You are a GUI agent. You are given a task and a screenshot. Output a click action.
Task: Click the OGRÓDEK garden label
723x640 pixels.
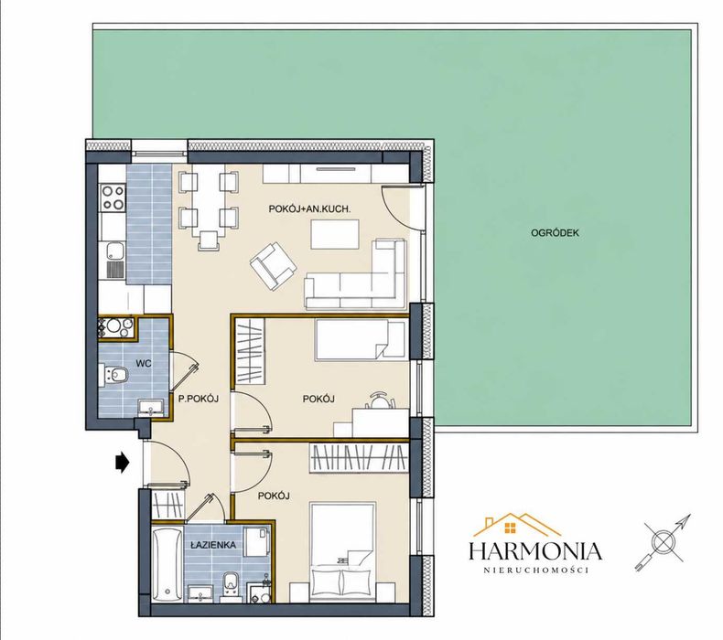(x=555, y=233)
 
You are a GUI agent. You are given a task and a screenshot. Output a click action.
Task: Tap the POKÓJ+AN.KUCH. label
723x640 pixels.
(x=310, y=209)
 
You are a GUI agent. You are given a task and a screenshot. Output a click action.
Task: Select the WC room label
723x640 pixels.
(x=144, y=364)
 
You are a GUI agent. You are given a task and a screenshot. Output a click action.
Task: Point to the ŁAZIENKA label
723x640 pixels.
(x=213, y=545)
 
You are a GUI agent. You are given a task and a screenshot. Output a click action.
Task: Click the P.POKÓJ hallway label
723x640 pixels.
(x=199, y=399)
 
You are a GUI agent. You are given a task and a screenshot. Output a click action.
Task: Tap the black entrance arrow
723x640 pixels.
(x=122, y=462)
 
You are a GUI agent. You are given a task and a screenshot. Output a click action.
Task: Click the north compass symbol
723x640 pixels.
(x=664, y=542)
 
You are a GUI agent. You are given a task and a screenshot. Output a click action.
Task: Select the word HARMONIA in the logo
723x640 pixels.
(x=535, y=551)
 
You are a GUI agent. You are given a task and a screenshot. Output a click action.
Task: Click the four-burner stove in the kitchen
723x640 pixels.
(x=113, y=197)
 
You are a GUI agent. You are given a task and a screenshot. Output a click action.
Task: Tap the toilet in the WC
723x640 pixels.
(x=113, y=374)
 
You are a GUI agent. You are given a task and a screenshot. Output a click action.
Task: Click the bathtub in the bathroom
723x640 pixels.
(x=167, y=565)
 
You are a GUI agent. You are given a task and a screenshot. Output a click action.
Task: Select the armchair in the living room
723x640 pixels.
(x=274, y=266)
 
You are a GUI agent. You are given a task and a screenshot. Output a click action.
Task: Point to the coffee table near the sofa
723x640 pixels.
(x=335, y=235)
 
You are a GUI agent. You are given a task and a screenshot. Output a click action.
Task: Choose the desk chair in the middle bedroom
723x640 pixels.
(x=380, y=400)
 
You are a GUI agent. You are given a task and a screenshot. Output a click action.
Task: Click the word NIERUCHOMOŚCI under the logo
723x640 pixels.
(x=536, y=571)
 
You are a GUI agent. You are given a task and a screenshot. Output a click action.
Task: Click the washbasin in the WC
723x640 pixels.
(x=151, y=408)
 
